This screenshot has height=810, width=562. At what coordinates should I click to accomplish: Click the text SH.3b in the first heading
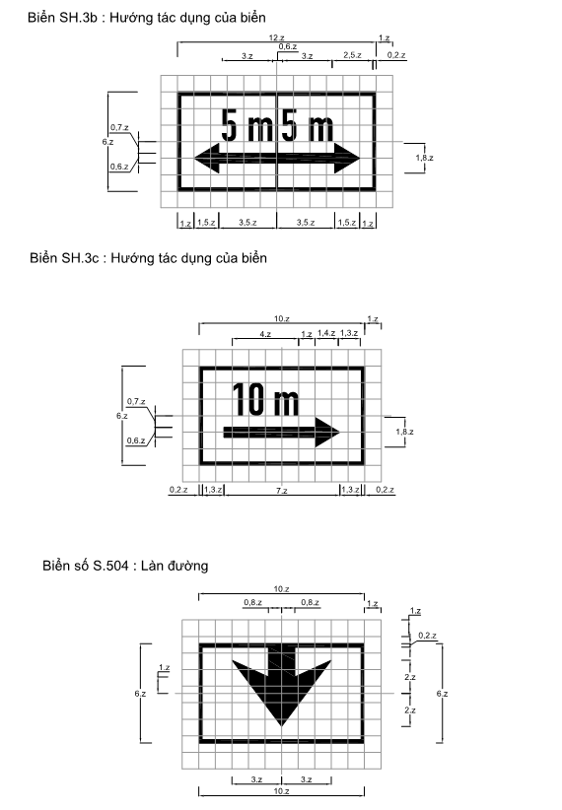81,18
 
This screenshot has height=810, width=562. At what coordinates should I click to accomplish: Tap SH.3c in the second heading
83,258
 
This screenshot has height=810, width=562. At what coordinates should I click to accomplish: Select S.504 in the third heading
110,566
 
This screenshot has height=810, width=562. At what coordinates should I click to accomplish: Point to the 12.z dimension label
277,37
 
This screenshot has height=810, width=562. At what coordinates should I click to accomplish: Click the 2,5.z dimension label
352,55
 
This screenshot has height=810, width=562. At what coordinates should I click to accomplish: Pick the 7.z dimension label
281,490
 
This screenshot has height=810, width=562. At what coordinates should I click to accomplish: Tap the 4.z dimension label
265,334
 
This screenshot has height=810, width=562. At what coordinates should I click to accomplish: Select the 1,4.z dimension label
326,333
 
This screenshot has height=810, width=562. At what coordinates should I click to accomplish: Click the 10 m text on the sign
266,399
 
